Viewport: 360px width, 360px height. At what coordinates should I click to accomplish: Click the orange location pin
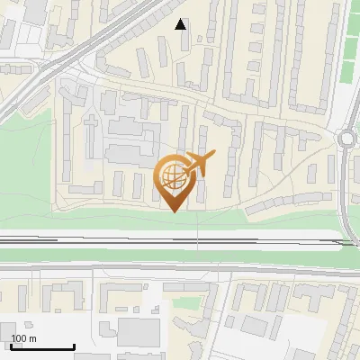pyautogui.click(x=175, y=181)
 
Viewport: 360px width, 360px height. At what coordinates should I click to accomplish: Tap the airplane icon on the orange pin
pyautogui.click(x=195, y=165)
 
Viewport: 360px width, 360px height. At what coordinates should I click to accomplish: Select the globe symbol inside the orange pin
pyautogui.click(x=172, y=175)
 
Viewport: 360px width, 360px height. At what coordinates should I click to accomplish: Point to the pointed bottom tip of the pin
pyautogui.click(x=175, y=211)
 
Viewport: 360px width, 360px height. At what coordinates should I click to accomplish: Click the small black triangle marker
pyautogui.click(x=182, y=24)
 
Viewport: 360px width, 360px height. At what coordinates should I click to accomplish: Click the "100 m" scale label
pyautogui.click(x=23, y=338)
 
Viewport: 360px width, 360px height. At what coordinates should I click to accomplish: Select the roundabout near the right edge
pyautogui.click(x=349, y=139)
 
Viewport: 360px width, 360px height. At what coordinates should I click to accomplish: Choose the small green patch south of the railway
pyautogui.click(x=185, y=301)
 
